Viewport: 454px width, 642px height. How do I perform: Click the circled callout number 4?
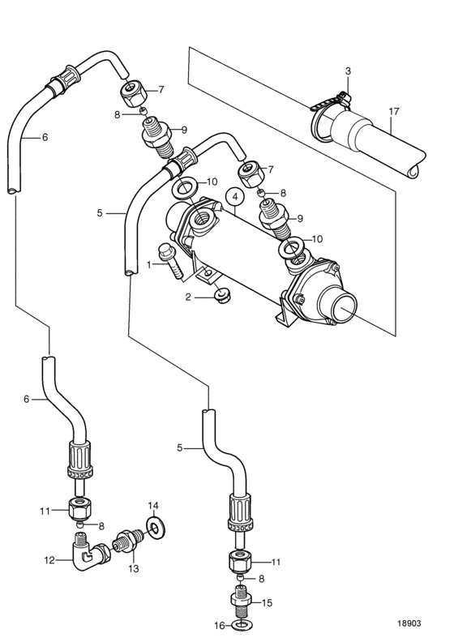point(235,197)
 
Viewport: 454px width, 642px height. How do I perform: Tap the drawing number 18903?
point(409,623)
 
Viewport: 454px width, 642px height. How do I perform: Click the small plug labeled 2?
point(222,297)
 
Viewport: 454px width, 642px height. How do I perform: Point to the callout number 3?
point(348,71)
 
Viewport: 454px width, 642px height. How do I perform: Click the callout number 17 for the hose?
point(394,111)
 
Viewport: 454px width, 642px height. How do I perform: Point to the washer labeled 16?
point(242,625)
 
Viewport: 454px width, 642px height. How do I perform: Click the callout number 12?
point(49,559)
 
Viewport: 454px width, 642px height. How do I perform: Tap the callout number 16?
point(220,626)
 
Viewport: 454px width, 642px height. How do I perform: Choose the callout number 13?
point(134,569)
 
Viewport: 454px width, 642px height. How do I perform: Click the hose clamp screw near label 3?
point(343,98)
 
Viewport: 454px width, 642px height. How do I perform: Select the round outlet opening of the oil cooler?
point(343,305)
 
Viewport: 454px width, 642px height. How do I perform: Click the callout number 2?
point(188,297)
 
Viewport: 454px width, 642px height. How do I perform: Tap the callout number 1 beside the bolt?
point(149,265)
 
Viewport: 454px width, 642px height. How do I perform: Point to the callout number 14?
point(152,506)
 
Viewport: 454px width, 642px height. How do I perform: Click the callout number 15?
point(267,603)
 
